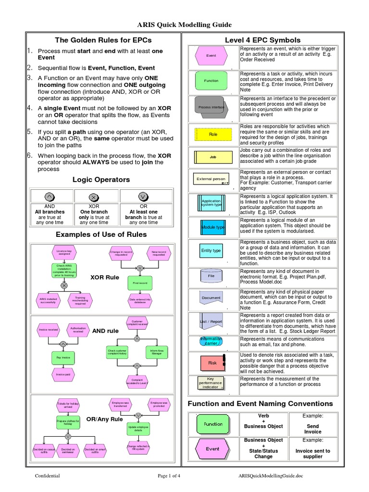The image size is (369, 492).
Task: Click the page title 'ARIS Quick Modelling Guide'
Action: click(184, 24)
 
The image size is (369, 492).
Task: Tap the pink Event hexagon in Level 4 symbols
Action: click(211, 56)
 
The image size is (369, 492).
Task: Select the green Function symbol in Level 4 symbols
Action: click(211, 81)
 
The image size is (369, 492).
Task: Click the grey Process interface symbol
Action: click(211, 107)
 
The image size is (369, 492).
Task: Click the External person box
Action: click(211, 179)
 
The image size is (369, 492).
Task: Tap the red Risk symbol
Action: click(212, 363)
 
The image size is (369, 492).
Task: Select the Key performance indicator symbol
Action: click(211, 382)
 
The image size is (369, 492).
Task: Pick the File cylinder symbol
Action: click(211, 276)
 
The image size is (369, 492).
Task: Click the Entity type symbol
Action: click(211, 250)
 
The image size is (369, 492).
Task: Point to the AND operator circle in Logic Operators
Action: click(49, 196)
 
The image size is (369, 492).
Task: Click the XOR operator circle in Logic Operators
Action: click(94, 196)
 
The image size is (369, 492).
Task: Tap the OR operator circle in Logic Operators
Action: click(143, 196)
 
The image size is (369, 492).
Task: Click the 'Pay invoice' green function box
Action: click(63, 357)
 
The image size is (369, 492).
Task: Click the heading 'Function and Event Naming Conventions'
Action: click(260, 404)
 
